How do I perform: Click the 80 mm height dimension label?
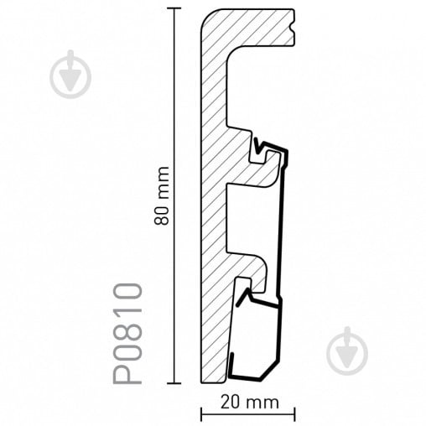pyautogui.click(x=162, y=195)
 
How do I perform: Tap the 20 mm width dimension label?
pyautogui.click(x=250, y=403)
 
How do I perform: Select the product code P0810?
pyautogui.click(x=127, y=334)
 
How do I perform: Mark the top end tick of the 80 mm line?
pyautogui.click(x=174, y=8)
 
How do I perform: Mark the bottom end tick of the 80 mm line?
pyautogui.click(x=174, y=383)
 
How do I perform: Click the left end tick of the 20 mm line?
pyautogui.click(x=201, y=414)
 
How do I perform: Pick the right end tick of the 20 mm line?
pyautogui.click(x=294, y=414)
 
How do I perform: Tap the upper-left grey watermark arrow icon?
pyautogui.click(x=70, y=75)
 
